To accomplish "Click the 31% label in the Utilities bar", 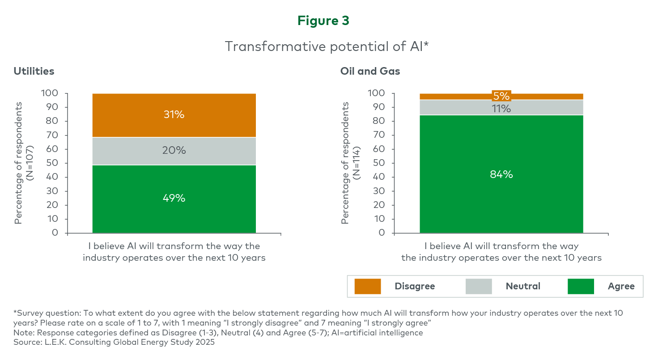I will coord(174,114).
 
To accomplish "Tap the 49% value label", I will coord(174,198).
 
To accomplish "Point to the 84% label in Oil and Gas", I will coord(501,174).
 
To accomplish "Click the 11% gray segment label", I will coord(501,108).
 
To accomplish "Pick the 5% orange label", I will coord(501,96).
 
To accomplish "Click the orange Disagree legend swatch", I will coord(367,286).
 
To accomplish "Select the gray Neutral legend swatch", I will coord(479,286).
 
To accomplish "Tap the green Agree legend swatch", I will coord(581,286).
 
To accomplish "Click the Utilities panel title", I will coord(34,71).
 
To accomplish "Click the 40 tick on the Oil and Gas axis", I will coord(380,177).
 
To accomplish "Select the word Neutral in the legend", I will coord(523,286).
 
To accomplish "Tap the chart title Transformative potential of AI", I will coord(327,46).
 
